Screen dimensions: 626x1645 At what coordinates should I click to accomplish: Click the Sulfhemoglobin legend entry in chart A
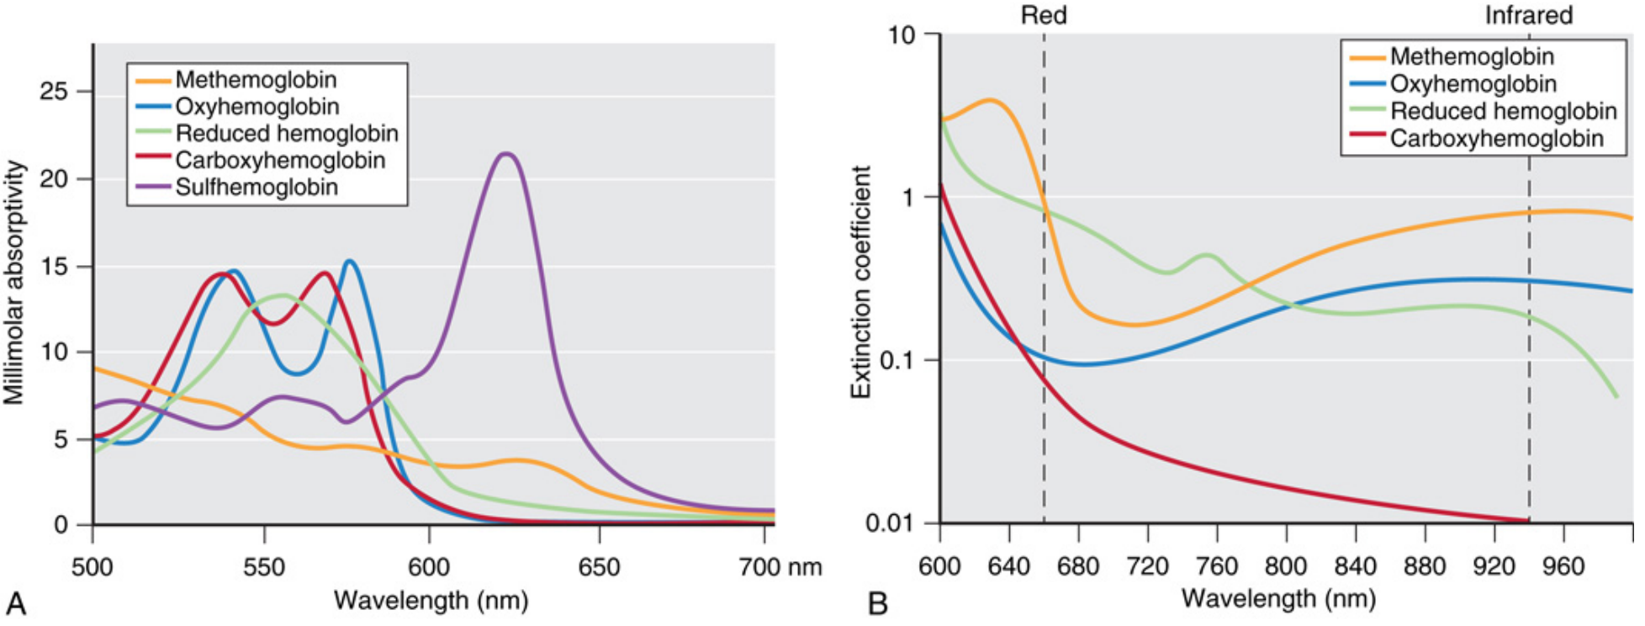(257, 187)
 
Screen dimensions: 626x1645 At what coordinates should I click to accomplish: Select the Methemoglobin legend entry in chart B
(1471, 56)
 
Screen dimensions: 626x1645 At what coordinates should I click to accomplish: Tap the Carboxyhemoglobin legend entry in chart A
(280, 160)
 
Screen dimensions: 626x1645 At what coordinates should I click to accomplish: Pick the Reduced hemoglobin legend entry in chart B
(1503, 111)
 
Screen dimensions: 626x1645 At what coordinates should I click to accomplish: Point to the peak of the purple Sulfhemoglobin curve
(506, 154)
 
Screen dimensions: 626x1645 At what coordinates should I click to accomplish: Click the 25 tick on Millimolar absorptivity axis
(54, 91)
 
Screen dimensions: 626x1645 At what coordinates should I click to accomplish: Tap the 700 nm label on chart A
(780, 567)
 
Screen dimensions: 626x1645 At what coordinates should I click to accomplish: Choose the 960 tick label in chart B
(1563, 566)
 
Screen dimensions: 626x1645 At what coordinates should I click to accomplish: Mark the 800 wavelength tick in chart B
(1286, 566)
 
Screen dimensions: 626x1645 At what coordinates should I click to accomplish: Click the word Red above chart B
(1044, 15)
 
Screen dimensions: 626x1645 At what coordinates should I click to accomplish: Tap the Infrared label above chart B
(1528, 15)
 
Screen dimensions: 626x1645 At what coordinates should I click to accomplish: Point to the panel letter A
(16, 602)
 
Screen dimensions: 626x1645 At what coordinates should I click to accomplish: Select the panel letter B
(878, 602)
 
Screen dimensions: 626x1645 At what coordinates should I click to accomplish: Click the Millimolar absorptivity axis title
(14, 283)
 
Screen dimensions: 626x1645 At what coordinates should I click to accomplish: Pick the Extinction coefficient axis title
(860, 283)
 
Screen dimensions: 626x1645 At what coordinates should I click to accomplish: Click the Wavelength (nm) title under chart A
(431, 600)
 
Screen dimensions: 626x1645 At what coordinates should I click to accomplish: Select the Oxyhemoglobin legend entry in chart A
(257, 107)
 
